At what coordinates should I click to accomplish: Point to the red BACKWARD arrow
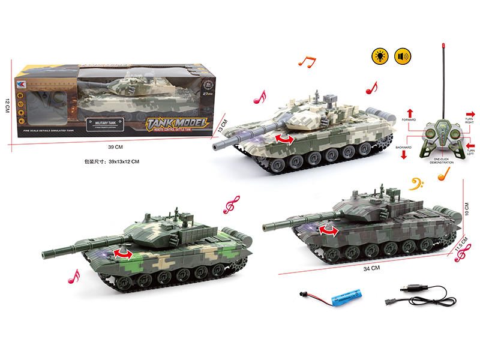point(403,154)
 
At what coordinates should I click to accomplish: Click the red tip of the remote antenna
point(443,46)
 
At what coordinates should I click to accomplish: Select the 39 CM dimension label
point(115,147)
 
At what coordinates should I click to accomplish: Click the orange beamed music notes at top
point(307,59)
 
